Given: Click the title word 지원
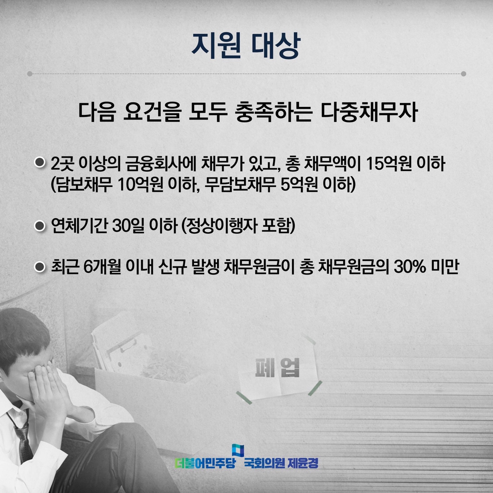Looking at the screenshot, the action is tap(216, 46).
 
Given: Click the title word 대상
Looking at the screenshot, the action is tap(276, 46).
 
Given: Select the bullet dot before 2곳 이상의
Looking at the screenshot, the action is tap(40, 162).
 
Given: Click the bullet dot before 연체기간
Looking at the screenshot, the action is tap(40, 226).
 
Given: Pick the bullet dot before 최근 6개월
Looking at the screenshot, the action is tap(40, 267).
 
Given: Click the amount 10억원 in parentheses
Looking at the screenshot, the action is tap(140, 185).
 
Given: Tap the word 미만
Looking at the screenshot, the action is tap(445, 267).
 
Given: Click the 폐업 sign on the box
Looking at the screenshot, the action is tap(277, 368).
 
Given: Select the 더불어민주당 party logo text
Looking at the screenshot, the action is tap(205, 463).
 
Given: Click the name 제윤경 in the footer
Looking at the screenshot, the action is tap(303, 463).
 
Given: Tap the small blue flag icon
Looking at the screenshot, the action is tap(238, 450).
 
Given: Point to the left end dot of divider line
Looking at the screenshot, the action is tap(30, 74).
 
